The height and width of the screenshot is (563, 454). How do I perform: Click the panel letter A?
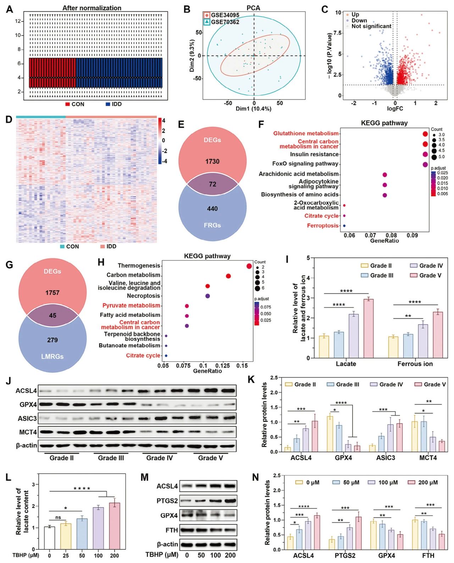pos(10,9)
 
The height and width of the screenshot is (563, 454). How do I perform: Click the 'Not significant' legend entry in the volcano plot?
pos(371,26)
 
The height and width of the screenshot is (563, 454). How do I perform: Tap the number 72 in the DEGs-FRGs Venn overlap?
pos(212,184)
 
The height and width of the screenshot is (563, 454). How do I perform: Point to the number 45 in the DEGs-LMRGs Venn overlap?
pos(52,316)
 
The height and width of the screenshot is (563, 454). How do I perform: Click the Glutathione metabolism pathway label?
pos(306,133)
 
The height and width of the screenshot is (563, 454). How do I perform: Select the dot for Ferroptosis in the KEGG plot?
pos(344,226)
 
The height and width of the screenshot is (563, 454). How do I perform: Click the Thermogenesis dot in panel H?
pos(249,266)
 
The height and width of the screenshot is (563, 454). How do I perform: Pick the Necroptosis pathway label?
pos(143,296)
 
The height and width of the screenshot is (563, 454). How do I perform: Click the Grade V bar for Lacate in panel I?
pos(369,328)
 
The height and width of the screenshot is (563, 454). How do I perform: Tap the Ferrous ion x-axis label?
pos(415,364)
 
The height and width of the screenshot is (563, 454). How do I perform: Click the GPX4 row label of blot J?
pos(28,405)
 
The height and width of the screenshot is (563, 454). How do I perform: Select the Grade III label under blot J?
pos(111,458)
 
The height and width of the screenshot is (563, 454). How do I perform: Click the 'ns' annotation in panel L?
pos(58,518)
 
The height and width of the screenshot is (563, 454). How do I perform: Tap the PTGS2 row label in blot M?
pos(167,501)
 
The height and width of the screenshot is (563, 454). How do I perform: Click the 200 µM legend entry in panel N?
pos(423,483)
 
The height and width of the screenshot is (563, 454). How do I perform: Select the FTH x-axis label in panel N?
pos(428,556)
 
